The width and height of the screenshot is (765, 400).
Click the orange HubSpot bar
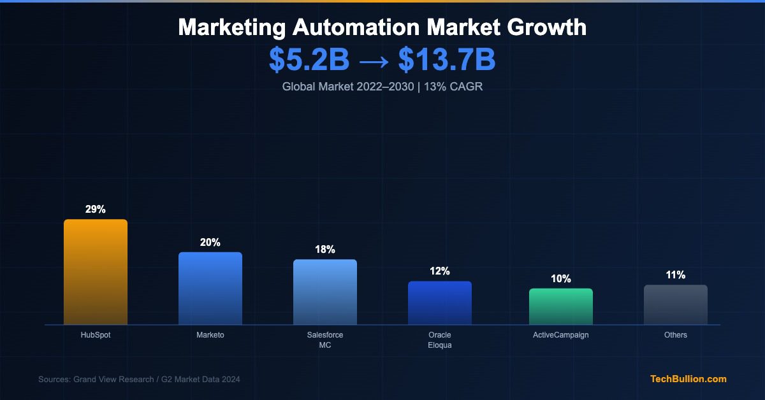coord(96,272)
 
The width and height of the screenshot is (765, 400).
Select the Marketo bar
coord(210,289)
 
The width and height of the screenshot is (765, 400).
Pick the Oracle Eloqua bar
coord(440,303)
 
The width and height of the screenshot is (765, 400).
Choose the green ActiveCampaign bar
coord(561,306)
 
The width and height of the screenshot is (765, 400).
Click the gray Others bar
coord(676,304)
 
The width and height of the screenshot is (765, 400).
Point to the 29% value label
coord(96,210)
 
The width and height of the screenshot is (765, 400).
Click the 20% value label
coord(210,243)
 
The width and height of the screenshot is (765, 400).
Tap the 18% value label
coord(325,250)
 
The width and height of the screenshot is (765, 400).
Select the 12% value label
coord(440,271)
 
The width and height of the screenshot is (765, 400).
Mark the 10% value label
coord(561,279)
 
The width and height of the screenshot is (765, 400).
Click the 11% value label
coord(676,275)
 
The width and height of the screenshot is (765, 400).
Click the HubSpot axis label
coord(96,335)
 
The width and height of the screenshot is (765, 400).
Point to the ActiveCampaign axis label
coord(561,335)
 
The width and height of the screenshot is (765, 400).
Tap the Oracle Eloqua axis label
coord(440,340)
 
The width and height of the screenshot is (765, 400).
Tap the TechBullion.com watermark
coord(688,379)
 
